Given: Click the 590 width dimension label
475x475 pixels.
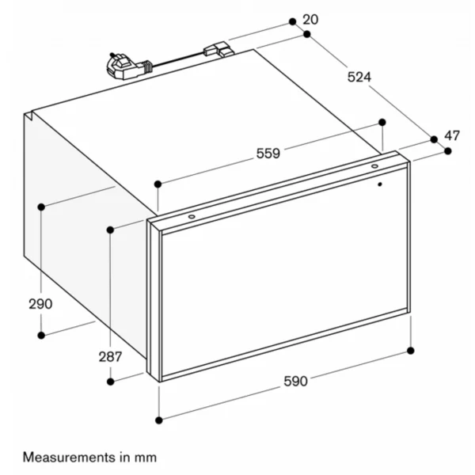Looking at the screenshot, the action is pyautogui.click(x=295, y=381).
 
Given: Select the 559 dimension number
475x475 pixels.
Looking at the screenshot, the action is pyautogui.click(x=268, y=154).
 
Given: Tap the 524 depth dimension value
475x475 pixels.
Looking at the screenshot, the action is pyautogui.click(x=359, y=77).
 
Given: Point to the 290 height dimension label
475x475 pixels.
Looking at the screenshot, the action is pyautogui.click(x=40, y=304).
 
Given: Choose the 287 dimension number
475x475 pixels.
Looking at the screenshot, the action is pyautogui.click(x=110, y=357).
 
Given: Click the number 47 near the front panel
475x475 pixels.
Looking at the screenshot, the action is pyautogui.click(x=452, y=135).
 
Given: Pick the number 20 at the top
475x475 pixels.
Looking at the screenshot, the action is pyautogui.click(x=310, y=20).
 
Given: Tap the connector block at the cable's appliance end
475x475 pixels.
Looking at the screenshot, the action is pyautogui.click(x=218, y=50).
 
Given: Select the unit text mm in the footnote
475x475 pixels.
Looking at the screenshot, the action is pyautogui.click(x=146, y=458).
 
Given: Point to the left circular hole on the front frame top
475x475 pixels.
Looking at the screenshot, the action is pyautogui.click(x=192, y=216).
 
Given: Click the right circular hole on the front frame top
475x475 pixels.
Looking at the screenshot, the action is pyautogui.click(x=374, y=166).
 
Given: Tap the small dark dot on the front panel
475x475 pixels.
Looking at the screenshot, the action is pyautogui.click(x=380, y=184).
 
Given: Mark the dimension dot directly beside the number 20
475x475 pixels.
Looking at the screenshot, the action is pyautogui.click(x=292, y=21).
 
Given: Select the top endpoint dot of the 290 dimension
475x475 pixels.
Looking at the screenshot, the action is pyautogui.click(x=41, y=207).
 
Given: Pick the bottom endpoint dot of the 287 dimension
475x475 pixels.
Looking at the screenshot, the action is pyautogui.click(x=111, y=382).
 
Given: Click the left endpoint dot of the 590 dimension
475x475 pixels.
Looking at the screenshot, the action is pyautogui.click(x=159, y=420).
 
